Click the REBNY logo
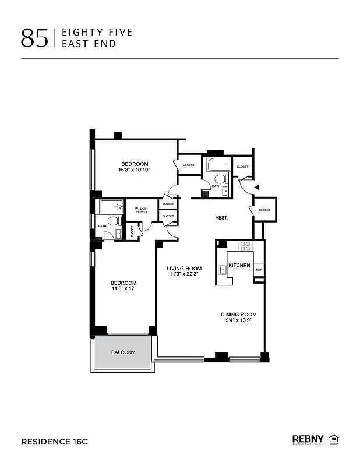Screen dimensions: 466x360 pyautogui.click(x=308, y=439)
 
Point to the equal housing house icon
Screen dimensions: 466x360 pyautogui.click(x=334, y=439)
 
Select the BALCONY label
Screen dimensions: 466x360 pyautogui.click(x=123, y=352)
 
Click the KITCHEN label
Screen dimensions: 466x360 pyautogui.click(x=239, y=266)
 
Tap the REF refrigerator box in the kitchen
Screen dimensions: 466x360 pyautogui.click(x=258, y=270)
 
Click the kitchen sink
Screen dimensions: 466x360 pyautogui.click(x=223, y=269)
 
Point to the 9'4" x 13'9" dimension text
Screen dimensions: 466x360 pyautogui.click(x=240, y=321)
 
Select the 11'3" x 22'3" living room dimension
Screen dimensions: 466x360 pyautogui.click(x=184, y=274)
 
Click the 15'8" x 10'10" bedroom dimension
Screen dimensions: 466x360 pyautogui.click(x=135, y=170)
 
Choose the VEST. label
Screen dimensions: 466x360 pyautogui.click(x=221, y=218)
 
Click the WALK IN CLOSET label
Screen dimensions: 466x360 pyautogui.click(x=142, y=210)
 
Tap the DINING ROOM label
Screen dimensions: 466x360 pyautogui.click(x=240, y=315)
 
